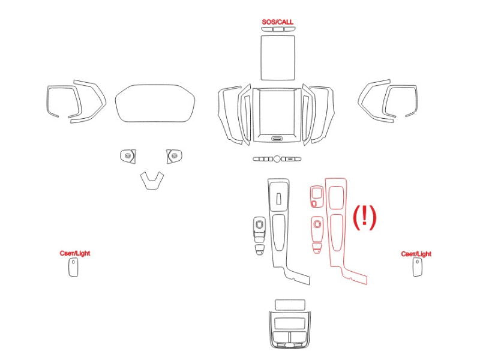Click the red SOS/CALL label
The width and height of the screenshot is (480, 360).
pos(277,22)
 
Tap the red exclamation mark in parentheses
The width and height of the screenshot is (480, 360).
pos(365,217)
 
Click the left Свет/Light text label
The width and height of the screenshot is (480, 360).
pos(75,253)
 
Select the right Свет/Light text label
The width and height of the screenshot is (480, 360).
pos(416,254)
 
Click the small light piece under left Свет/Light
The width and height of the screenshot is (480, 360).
pos(73,267)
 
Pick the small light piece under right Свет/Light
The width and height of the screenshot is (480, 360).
pos(417,267)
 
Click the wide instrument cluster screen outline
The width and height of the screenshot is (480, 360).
pos(155,103)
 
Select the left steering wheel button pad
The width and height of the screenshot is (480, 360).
pos(128,156)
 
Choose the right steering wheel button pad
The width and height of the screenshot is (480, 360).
pos(174,156)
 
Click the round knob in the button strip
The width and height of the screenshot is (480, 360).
pos(277,159)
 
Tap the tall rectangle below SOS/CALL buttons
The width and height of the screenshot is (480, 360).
pos(278,58)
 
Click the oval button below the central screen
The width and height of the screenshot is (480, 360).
pos(277,139)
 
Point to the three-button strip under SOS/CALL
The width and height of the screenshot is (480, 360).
pos(278,29)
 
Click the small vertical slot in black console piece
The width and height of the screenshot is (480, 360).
pos(278,199)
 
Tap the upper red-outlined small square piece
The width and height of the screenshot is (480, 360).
pos(317,197)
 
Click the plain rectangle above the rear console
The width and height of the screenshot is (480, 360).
pos(290,305)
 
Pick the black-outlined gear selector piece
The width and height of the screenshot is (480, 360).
pos(260,236)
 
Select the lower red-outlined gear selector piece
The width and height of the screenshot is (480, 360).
pos(317,235)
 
